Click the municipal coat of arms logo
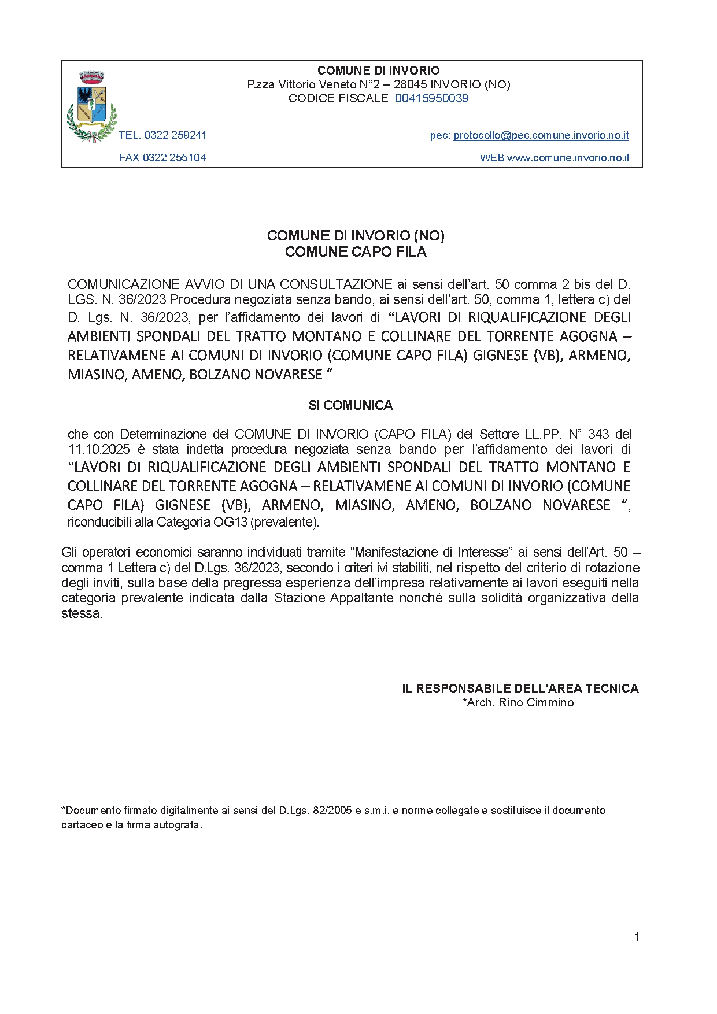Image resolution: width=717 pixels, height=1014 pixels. [x=92, y=106]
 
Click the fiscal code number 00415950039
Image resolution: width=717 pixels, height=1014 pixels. [x=431, y=98]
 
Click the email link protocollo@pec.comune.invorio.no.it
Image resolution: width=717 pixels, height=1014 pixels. [x=541, y=135]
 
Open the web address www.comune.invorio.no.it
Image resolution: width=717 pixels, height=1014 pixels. [x=568, y=158]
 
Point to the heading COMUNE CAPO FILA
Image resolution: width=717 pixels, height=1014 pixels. [x=356, y=252]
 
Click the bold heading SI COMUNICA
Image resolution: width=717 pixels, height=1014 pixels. [x=350, y=405]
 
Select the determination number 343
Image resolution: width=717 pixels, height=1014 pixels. [x=598, y=434]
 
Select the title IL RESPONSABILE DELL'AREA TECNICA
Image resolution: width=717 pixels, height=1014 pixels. [x=520, y=689]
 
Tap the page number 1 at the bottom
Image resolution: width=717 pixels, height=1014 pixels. [x=636, y=937]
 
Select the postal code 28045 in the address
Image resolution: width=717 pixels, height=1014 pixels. [x=410, y=84]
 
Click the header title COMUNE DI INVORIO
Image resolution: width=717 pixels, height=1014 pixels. [x=379, y=71]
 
